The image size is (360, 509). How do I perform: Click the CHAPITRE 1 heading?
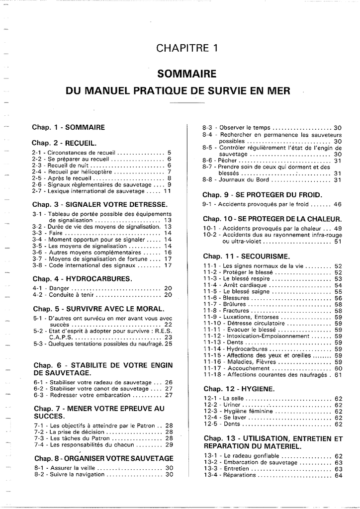tap(187, 48)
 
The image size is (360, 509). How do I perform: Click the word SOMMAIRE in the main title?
tap(187, 74)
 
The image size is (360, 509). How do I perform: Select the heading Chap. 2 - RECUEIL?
tap(64, 143)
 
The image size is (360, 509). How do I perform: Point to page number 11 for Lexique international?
tap(167, 191)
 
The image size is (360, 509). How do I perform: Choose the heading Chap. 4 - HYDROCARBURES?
tap(82, 278)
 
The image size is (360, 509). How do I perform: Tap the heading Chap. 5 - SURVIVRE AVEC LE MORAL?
tap(98, 308)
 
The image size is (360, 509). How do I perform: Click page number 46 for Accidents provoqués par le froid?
tap(338, 204)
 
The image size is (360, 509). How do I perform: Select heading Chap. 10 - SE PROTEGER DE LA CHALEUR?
tap(272, 219)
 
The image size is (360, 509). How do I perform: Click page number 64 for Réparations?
tap(339, 475)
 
